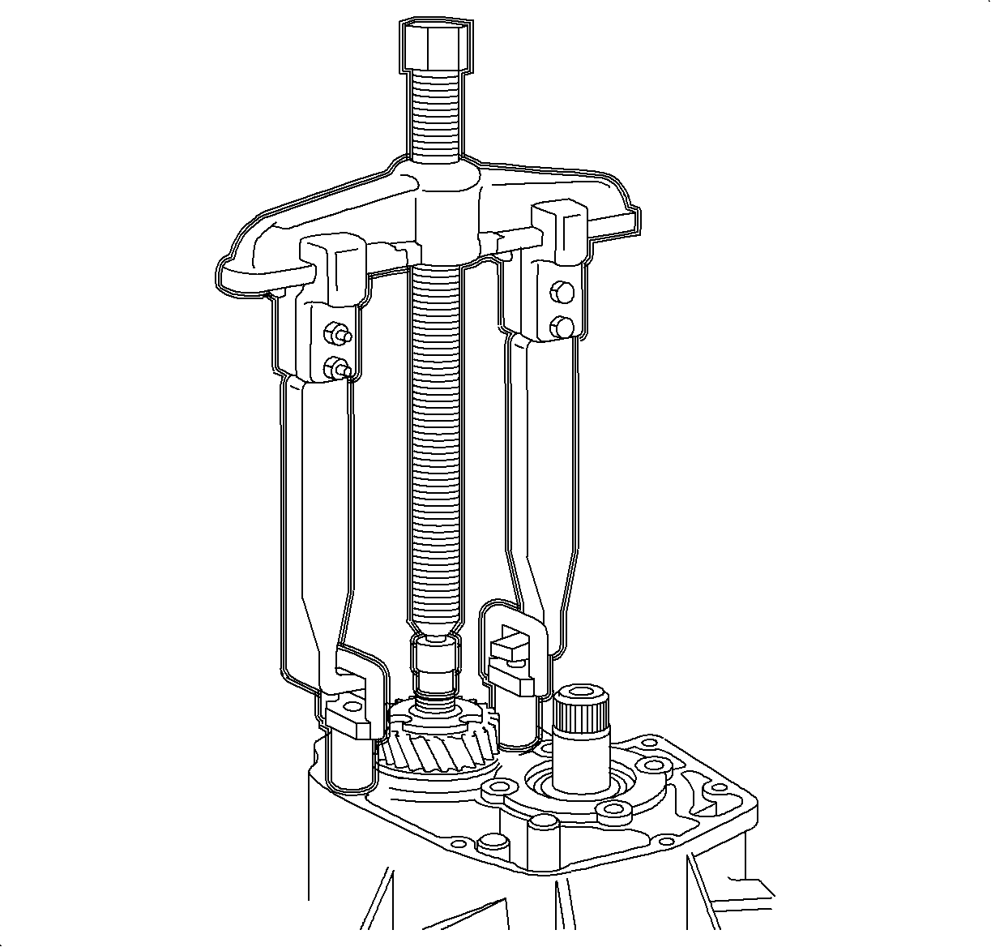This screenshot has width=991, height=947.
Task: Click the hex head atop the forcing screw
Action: click(x=437, y=45)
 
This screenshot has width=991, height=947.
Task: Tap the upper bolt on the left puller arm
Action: click(x=335, y=332)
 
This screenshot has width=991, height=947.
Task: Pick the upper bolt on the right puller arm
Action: click(x=561, y=291)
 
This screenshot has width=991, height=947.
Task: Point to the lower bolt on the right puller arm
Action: click(x=561, y=326)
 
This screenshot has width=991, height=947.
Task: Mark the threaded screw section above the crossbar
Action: click(x=438, y=114)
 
